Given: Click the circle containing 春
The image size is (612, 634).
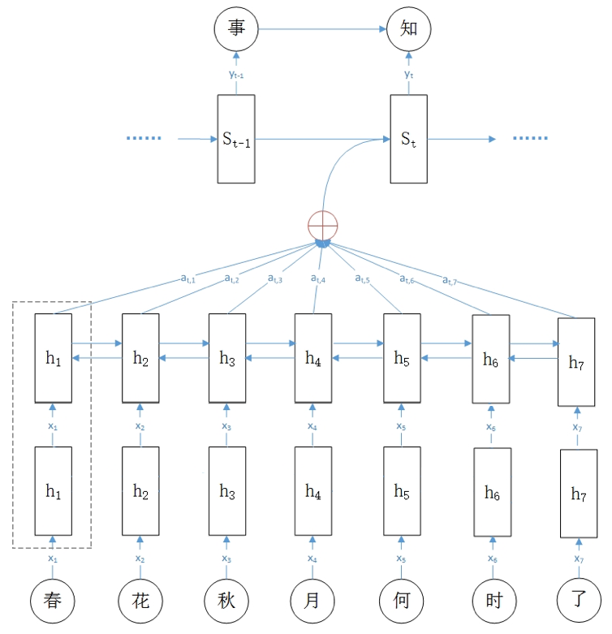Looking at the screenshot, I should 54,602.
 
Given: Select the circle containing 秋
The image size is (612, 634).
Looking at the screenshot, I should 226,602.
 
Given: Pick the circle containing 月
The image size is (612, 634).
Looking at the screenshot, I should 312,602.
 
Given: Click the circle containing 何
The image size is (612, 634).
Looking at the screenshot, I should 401,602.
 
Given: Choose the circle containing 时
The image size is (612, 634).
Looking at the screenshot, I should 493,602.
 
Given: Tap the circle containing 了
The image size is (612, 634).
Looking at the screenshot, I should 578,602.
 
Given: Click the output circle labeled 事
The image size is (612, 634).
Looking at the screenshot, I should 236,30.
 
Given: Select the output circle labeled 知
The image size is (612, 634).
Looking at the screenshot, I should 408,30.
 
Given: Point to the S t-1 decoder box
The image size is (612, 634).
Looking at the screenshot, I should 236,138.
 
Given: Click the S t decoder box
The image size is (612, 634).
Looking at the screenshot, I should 408,138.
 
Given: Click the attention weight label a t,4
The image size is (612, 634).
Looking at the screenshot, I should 319,280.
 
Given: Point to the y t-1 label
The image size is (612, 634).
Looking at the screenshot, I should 237,75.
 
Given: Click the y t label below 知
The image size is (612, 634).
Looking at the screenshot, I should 408,75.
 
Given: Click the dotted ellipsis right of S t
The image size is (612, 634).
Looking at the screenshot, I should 530,139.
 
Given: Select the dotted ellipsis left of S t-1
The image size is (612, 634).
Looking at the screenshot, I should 144,139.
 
